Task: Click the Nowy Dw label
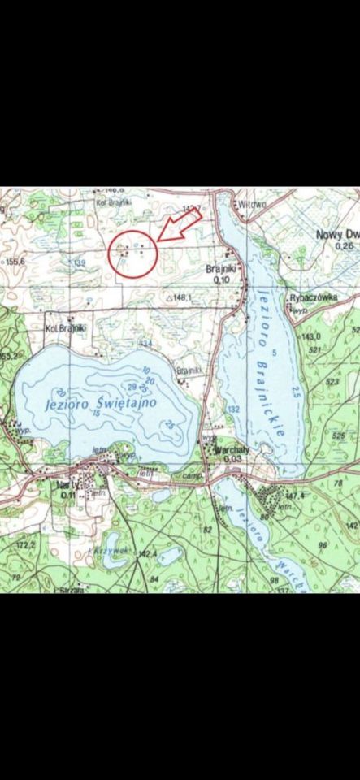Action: click(336, 234)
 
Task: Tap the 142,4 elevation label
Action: click(146, 554)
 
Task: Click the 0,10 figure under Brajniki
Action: click(221, 279)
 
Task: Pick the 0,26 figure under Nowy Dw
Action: click(345, 245)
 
